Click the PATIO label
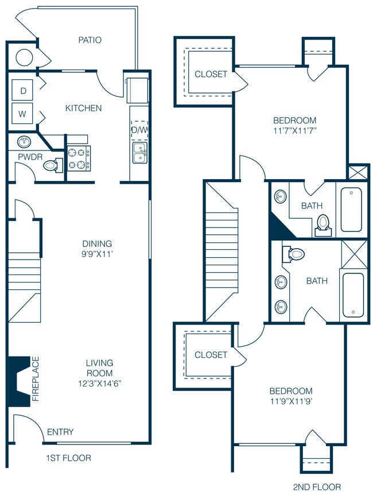tap(90, 40)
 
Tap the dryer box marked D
tap(23, 90)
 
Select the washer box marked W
tap(23, 113)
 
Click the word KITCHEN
tap(83, 108)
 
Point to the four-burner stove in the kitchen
tap(79, 158)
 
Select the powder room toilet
tap(52, 166)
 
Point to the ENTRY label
tap(60, 432)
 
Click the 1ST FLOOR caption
tap(68, 458)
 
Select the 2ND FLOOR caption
tap(316, 487)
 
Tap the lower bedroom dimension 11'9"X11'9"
tap(292, 401)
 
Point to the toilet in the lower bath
tap(296, 253)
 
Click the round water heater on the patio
tap(24, 58)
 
